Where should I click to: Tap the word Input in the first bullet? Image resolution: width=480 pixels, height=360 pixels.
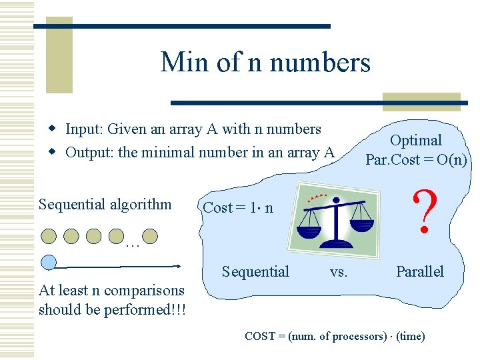click(x=83, y=129)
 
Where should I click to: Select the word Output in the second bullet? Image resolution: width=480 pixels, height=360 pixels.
click(x=89, y=152)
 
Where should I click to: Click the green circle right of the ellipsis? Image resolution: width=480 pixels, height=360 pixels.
click(x=151, y=235)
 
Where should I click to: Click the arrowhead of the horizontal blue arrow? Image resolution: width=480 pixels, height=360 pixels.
click(x=177, y=266)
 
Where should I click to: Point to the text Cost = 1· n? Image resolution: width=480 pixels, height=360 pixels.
click(x=238, y=207)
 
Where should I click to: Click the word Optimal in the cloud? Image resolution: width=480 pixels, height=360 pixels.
click(x=415, y=140)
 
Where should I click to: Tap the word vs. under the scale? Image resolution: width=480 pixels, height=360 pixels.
click(x=339, y=271)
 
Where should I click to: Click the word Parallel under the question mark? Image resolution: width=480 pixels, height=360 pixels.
click(x=419, y=271)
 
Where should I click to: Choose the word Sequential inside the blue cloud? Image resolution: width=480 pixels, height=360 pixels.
click(x=255, y=271)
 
